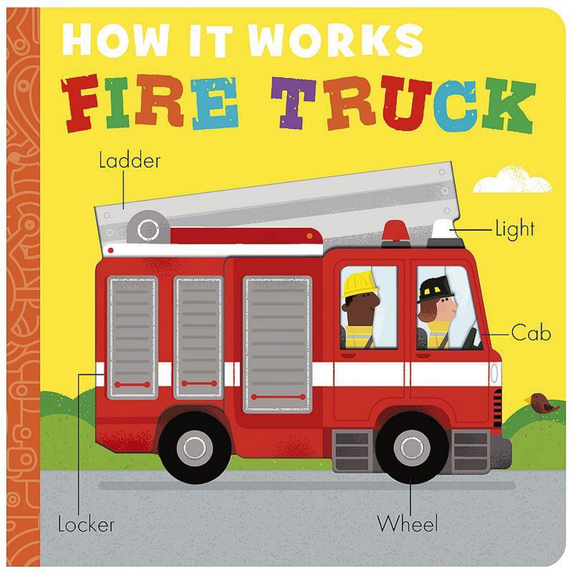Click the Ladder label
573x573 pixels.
(x=130, y=161)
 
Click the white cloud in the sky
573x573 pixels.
(x=512, y=179)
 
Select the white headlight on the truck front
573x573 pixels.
(x=495, y=373)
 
